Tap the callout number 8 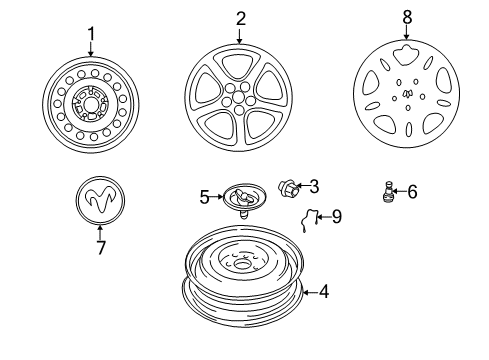click(407, 16)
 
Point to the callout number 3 click(313, 185)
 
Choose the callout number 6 click(412, 190)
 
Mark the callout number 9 click(336, 215)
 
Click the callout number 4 click(322, 292)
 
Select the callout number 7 click(100, 248)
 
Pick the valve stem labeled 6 click(387, 190)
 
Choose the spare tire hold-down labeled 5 click(239, 198)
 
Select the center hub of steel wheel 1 click(90, 102)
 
